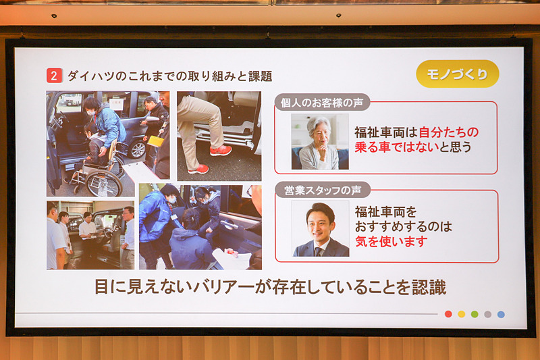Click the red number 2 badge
(x=54, y=76)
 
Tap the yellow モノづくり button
(x=457, y=74)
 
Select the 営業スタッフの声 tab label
(x=317, y=191)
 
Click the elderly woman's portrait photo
(x=319, y=141)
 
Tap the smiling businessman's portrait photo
(x=321, y=228)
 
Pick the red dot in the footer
(x=448, y=314)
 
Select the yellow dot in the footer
(x=462, y=314)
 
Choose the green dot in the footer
(x=475, y=314)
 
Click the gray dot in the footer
(x=487, y=314)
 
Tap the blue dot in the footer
(x=501, y=314)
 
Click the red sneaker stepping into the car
(x=220, y=150)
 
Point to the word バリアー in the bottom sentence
(x=194, y=287)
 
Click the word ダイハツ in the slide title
(x=88, y=76)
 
